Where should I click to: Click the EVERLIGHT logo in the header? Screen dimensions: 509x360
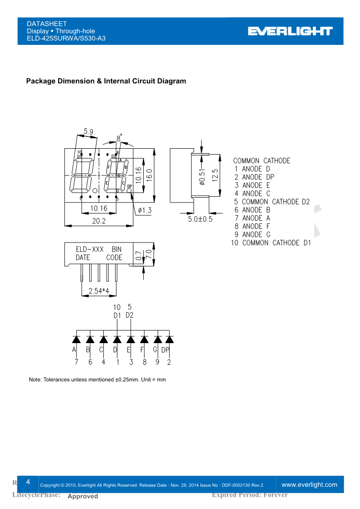(290, 31)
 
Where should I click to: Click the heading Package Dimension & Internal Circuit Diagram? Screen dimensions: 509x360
(106, 81)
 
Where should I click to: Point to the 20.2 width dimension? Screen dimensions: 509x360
(99, 221)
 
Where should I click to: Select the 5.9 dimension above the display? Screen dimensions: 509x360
(88, 132)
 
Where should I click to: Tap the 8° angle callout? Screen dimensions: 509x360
(119, 138)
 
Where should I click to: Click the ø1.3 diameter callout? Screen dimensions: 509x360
(145, 210)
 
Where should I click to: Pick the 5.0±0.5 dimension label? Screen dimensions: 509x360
(200, 219)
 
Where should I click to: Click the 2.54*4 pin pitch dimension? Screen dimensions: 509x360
(99, 291)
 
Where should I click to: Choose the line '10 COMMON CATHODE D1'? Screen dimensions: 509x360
(271, 243)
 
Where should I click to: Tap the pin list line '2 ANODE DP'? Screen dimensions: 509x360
(254, 177)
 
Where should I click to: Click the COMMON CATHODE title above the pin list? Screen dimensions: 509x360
(262, 161)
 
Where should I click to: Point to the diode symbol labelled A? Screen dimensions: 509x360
(77, 339)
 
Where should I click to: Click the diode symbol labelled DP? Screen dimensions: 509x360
(169, 339)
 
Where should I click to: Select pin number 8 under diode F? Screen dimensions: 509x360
(144, 362)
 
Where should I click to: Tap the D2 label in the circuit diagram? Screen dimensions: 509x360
(130, 315)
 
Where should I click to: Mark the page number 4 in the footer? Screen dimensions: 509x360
(28, 481)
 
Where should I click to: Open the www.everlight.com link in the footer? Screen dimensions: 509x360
(310, 485)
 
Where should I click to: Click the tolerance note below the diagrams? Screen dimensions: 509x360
(97, 379)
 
